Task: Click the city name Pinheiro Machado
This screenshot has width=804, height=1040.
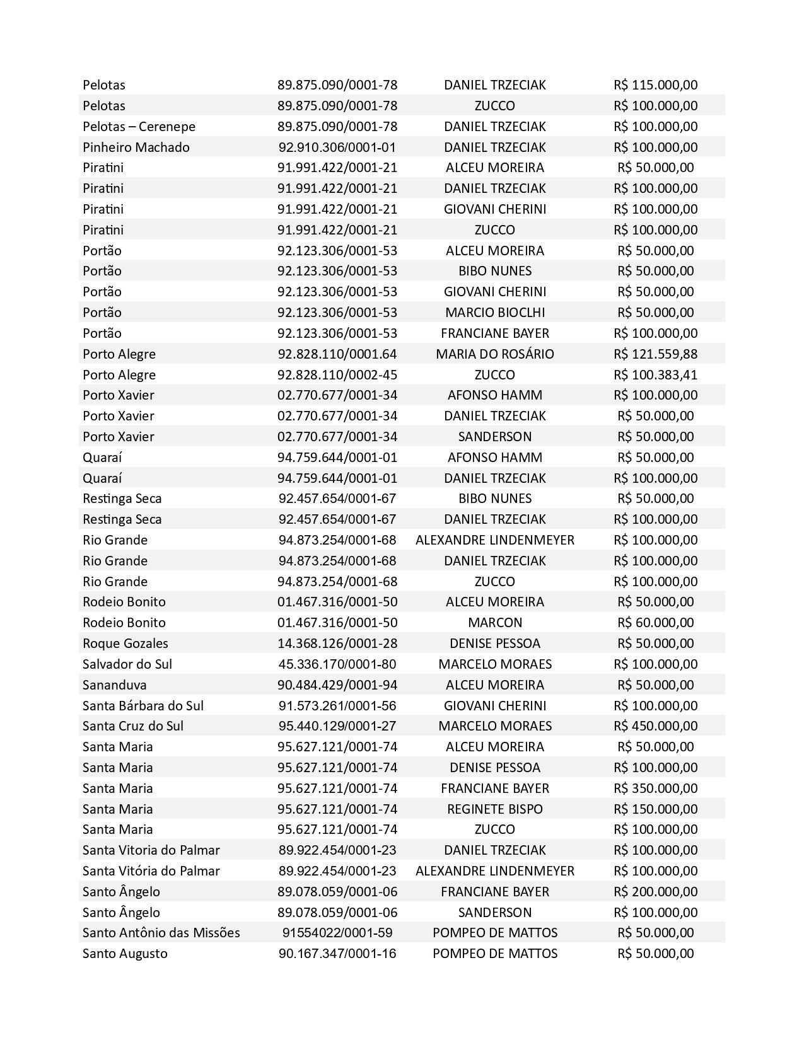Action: click(x=136, y=147)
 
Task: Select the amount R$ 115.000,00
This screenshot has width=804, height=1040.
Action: click(x=655, y=84)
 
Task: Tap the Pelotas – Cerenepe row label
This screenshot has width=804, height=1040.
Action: click(x=139, y=126)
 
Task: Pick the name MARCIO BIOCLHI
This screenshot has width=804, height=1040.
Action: click(x=494, y=313)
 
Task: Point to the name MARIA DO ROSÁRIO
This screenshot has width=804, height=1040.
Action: click(x=494, y=354)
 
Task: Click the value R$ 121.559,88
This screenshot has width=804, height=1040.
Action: click(x=655, y=354)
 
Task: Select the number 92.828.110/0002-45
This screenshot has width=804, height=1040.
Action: click(x=337, y=374)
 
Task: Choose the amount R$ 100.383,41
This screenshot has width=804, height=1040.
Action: click(x=655, y=374)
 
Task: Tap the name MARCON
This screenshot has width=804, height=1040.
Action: click(x=494, y=623)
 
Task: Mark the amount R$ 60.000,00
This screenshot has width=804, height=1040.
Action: click(x=655, y=623)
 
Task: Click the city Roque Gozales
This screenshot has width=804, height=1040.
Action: click(x=125, y=644)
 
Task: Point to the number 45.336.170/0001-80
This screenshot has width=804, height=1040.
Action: click(x=337, y=664)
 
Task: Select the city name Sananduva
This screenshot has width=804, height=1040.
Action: click(x=114, y=685)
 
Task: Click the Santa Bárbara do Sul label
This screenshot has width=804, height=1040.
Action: click(x=143, y=705)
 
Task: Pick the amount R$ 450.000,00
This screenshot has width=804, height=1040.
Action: click(x=655, y=726)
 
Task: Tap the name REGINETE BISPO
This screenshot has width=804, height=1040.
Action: click(x=494, y=809)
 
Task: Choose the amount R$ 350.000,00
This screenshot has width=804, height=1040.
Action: click(x=655, y=788)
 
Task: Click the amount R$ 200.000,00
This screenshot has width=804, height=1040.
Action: click(x=655, y=891)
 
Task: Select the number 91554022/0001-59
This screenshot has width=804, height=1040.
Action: click(x=337, y=933)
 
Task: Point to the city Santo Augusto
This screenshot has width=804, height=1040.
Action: click(x=125, y=954)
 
